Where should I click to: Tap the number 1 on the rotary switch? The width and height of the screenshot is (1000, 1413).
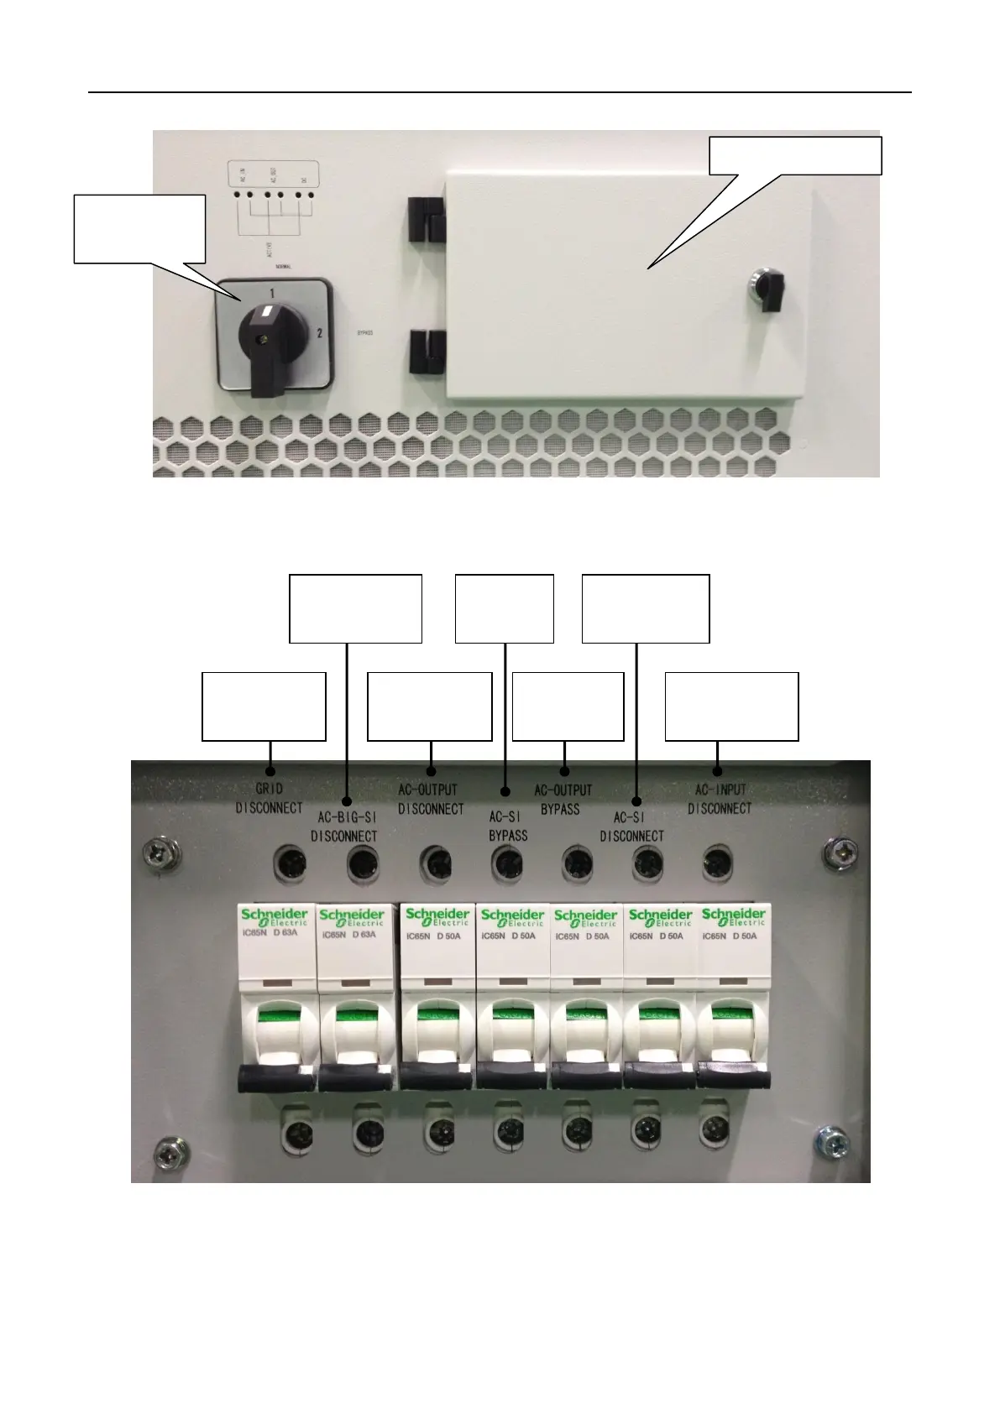pyautogui.click(x=271, y=294)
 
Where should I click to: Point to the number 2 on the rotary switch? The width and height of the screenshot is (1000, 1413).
pyautogui.click(x=319, y=333)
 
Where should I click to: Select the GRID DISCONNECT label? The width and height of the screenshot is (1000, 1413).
pyautogui.click(x=269, y=798)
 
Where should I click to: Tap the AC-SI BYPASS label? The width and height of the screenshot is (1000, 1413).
pyautogui.click(x=508, y=826)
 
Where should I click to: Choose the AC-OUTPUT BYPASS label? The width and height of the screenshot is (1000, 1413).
pyautogui.click(x=563, y=799)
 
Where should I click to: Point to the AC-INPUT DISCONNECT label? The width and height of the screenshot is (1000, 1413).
pyautogui.click(x=720, y=799)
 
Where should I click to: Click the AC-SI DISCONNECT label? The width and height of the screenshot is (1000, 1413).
pyautogui.click(x=631, y=826)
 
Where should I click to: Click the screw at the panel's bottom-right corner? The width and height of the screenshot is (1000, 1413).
pyautogui.click(x=830, y=1141)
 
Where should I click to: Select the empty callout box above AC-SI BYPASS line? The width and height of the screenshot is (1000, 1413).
pyautogui.click(x=505, y=608)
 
